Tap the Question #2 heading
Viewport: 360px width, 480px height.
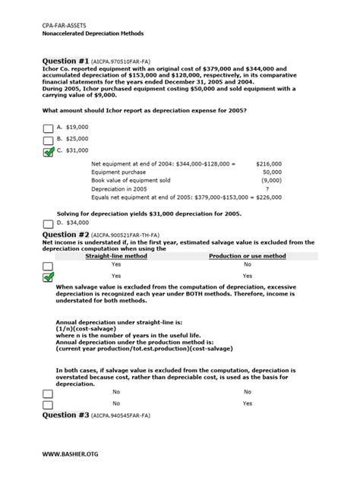(x=66, y=235)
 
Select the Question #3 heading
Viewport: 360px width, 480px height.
(x=66, y=415)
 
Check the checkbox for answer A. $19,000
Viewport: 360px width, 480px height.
(x=49, y=128)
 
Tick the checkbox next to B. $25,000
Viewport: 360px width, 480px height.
(x=49, y=140)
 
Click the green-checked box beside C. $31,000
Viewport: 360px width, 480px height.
(x=49, y=152)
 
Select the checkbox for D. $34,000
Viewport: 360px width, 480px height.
(x=49, y=223)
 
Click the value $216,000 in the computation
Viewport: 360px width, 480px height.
(x=269, y=163)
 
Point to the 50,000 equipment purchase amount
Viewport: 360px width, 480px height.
(x=272, y=172)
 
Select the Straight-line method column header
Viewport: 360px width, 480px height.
(x=116, y=257)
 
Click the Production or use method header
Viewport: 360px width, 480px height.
(x=248, y=257)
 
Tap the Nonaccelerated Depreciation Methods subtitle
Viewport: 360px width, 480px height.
(x=93, y=34)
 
